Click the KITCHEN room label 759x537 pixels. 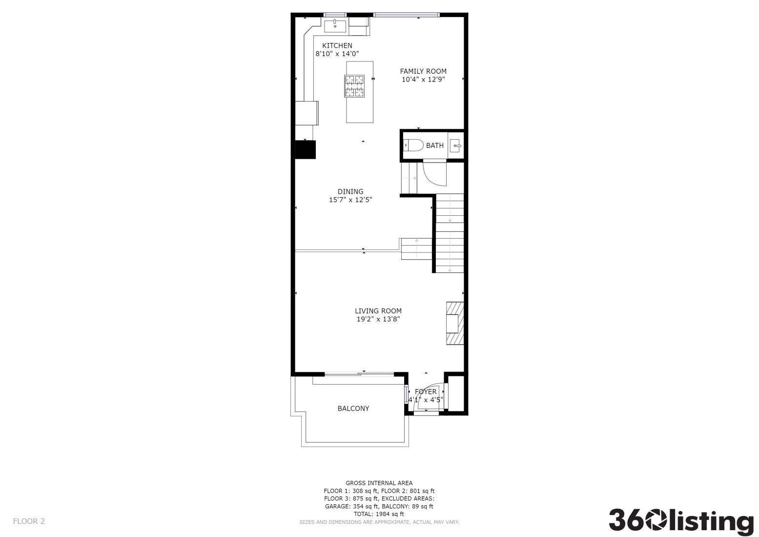click(337, 45)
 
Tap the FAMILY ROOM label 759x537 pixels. click(423, 71)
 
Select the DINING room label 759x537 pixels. click(350, 191)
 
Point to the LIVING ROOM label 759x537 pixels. click(378, 310)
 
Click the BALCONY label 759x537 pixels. click(353, 408)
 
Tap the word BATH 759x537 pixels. click(435, 145)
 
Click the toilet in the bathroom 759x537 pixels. click(413, 145)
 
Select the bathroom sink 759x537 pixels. click(455, 145)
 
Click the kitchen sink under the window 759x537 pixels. click(335, 26)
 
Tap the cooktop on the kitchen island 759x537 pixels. click(354, 86)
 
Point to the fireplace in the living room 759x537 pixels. click(455, 323)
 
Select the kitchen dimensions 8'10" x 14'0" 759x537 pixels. click(337, 54)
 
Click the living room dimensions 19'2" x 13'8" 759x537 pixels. click(378, 319)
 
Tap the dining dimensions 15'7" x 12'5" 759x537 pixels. click(350, 200)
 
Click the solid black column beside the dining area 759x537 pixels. click(305, 149)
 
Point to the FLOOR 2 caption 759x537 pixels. click(29, 521)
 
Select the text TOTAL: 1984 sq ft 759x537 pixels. click(379, 514)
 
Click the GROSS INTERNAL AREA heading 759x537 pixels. click(379, 483)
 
